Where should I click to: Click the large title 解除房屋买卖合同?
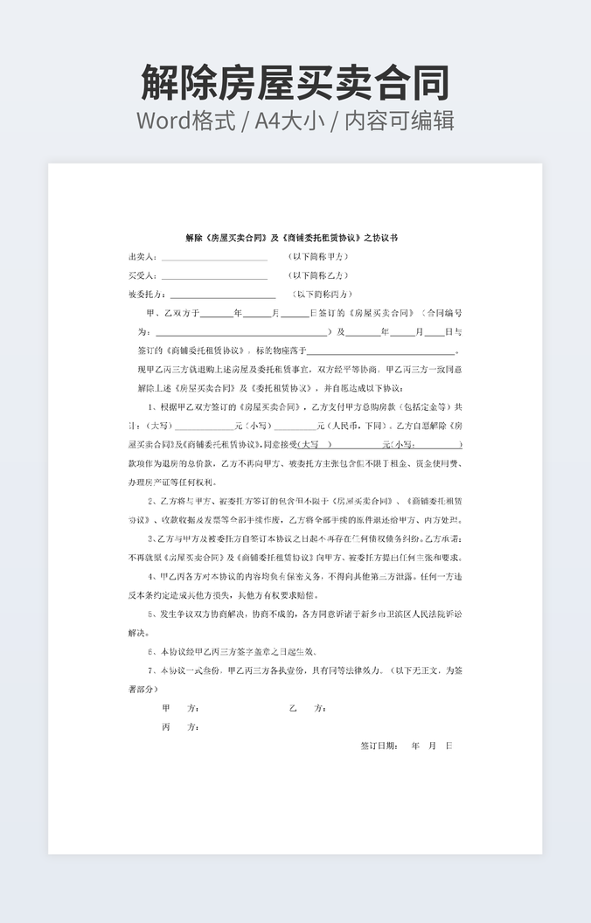click(295, 83)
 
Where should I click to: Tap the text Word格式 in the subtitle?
click(185, 121)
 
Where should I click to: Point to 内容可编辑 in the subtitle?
click(400, 121)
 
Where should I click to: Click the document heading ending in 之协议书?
click(292, 238)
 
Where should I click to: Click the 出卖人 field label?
click(143, 257)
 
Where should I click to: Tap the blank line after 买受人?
click(213, 275)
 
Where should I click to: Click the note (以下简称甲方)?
click(319, 257)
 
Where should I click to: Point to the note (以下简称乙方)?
click(319, 275)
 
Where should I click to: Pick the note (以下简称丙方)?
click(323, 295)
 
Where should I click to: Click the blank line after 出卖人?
click(213, 257)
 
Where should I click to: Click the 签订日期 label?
click(379, 746)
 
